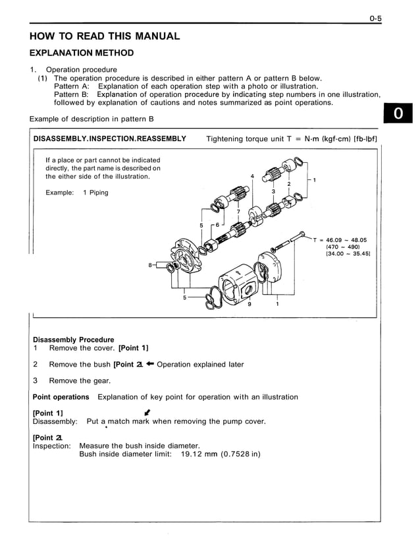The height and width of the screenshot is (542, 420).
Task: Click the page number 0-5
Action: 375,18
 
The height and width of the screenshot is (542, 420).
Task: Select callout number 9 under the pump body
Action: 249,304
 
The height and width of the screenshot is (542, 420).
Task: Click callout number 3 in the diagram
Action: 273,191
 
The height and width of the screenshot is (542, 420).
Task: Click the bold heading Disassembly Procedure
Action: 73,340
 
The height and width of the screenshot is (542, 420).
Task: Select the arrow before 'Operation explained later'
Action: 150,364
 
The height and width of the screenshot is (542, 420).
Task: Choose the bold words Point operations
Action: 61,397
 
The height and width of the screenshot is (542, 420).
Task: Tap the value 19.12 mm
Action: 198,454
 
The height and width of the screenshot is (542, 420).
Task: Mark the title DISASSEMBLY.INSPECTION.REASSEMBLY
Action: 109,139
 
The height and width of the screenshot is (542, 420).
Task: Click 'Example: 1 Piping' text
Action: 77,193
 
